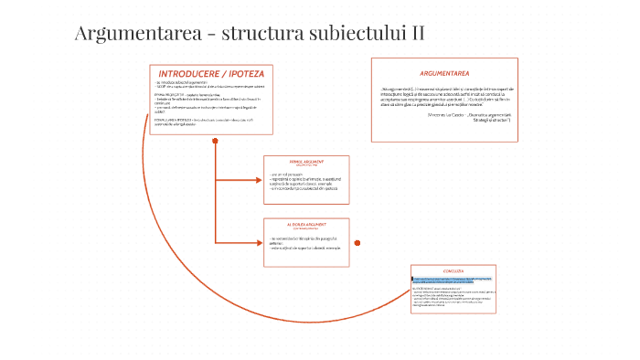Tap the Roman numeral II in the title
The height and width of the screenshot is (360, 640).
pyautogui.click(x=417, y=35)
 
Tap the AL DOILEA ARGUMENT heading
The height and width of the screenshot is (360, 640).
pyautogui.click(x=306, y=223)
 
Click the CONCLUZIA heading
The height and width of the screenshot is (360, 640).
pyautogui.click(x=453, y=271)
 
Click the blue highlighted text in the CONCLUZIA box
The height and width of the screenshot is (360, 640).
pyautogui.click(x=453, y=281)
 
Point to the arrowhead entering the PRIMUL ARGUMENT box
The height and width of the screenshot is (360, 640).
pyautogui.click(x=259, y=176)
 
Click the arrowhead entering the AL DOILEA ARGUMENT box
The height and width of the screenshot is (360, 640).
pyautogui.click(x=259, y=242)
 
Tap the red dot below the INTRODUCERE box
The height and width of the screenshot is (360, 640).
pyautogui.click(x=215, y=141)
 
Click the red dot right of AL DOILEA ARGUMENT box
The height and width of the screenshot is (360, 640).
pyautogui.click(x=357, y=242)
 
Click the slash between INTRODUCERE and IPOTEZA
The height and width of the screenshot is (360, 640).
pyautogui.click(x=230, y=72)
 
